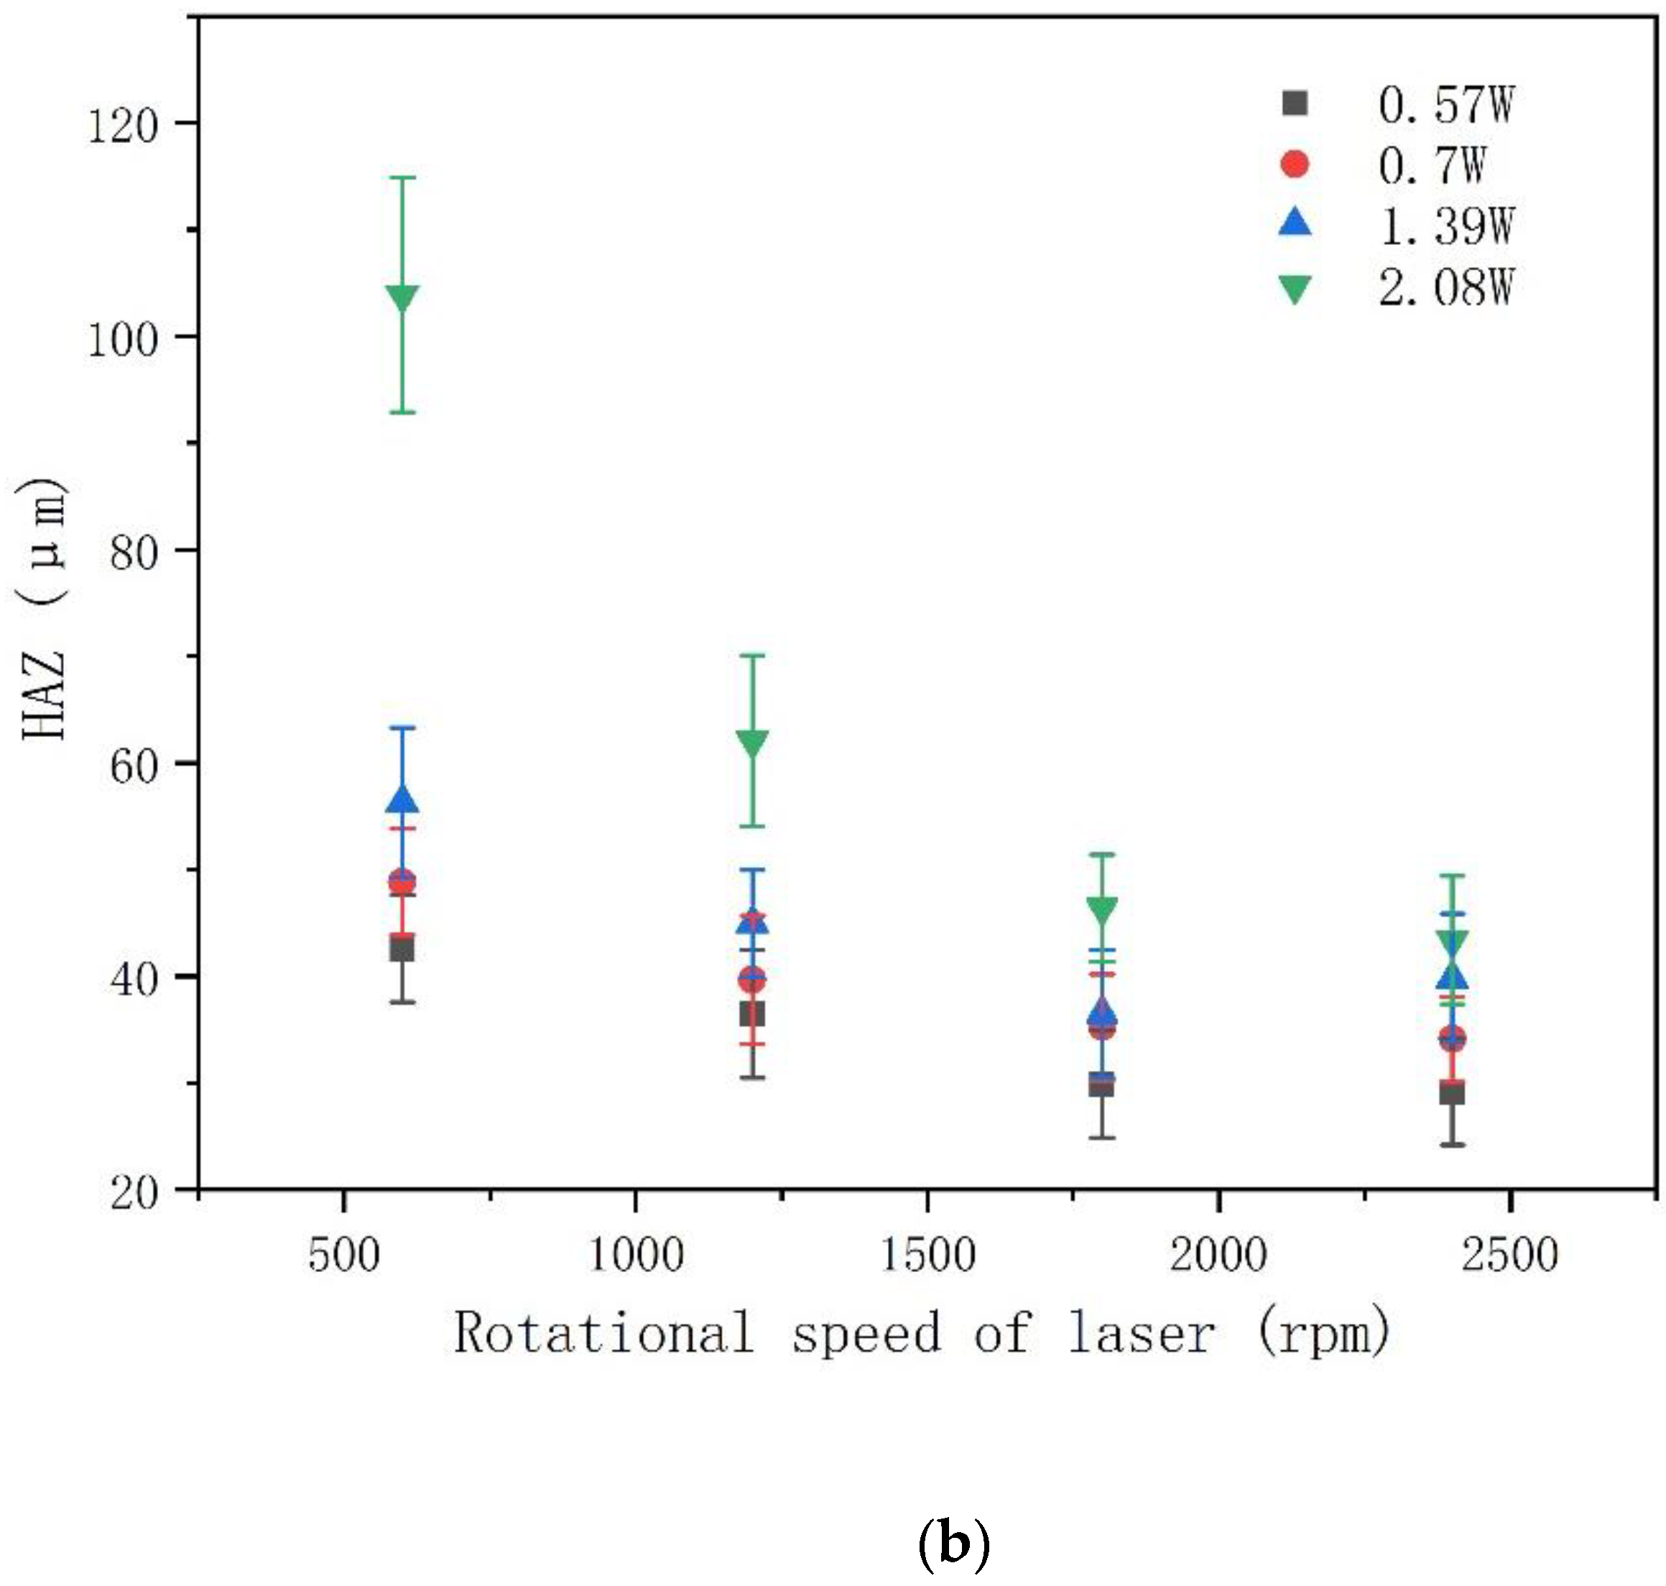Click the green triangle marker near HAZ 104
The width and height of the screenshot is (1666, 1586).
[x=402, y=297]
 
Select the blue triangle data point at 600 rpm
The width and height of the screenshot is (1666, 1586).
[x=402, y=799]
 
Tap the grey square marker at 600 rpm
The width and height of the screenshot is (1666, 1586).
[x=402, y=950]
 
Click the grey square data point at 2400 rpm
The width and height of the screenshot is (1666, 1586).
[x=1452, y=1094]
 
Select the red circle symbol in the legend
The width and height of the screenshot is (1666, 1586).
[x=1295, y=164]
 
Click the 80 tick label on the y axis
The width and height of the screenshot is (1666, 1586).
[x=134, y=554]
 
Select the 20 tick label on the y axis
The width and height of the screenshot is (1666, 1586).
[x=134, y=1194]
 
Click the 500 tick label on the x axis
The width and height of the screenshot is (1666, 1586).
[x=343, y=1255]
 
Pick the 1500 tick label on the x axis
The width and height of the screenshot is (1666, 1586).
[x=927, y=1255]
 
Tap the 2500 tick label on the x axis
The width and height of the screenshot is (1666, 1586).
[x=1509, y=1255]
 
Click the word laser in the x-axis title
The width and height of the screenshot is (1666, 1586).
[x=1142, y=1333]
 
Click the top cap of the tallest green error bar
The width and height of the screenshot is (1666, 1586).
[x=402, y=177]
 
